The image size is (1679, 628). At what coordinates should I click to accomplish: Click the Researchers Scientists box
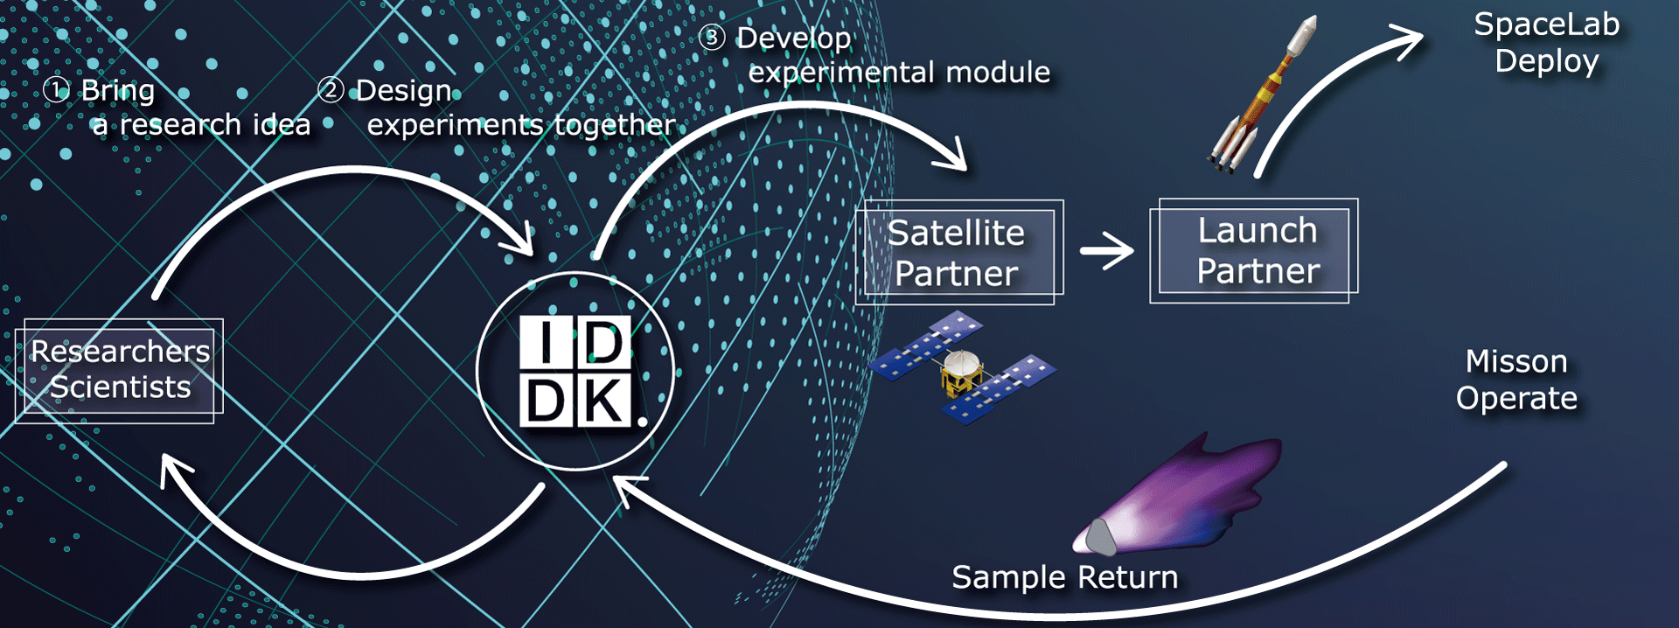(119, 370)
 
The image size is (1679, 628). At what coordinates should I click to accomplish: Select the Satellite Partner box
(958, 252)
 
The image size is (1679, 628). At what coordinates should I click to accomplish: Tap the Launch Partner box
(1254, 250)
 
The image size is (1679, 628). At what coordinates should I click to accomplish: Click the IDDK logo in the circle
(575, 372)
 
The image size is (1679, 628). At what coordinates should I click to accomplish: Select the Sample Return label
(1064, 577)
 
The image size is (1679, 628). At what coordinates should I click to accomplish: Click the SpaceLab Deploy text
(1546, 43)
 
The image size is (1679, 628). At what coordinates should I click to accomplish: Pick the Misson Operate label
(1516, 380)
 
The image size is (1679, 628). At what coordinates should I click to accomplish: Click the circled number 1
(56, 89)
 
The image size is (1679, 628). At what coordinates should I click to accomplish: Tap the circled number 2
(331, 89)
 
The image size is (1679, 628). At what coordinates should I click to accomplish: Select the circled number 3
(712, 38)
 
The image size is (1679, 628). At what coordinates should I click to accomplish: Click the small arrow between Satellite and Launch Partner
(1107, 251)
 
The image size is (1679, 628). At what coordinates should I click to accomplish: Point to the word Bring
(118, 90)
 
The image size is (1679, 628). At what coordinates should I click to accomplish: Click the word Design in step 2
(404, 90)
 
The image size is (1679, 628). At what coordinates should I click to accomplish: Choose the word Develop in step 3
(793, 38)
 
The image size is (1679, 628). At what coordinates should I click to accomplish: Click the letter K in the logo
(603, 401)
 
